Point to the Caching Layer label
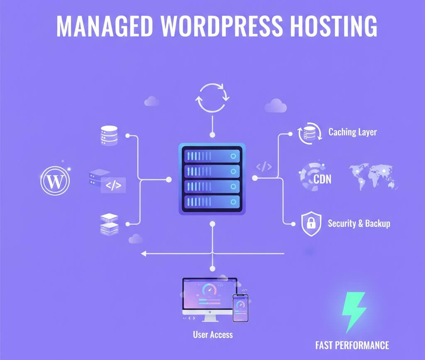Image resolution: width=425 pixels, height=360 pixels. (x=352, y=132)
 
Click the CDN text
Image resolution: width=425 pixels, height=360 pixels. (x=322, y=180)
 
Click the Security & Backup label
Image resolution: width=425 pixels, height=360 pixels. (x=359, y=223)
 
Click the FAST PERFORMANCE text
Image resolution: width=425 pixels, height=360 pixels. (x=352, y=345)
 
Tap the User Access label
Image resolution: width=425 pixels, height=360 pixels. (x=213, y=334)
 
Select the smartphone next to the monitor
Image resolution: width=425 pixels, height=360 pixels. (x=240, y=308)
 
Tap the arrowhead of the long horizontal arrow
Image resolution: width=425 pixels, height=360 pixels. (x=144, y=253)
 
